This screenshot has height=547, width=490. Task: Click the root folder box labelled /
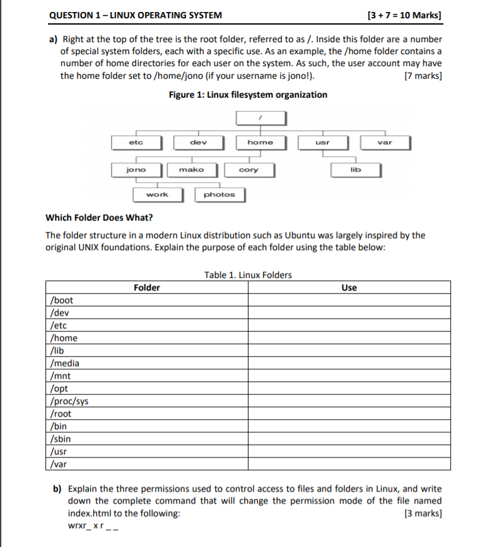[x=261, y=118]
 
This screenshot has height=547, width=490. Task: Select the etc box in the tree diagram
[x=136, y=142]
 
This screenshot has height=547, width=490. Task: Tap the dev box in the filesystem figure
[x=198, y=142]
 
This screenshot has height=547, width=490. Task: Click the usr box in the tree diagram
[x=322, y=142]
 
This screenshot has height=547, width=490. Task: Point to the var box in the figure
[x=385, y=142]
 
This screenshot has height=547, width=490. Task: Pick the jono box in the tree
[x=136, y=170]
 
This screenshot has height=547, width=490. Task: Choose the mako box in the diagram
[x=192, y=170]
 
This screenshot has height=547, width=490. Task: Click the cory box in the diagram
[x=248, y=170]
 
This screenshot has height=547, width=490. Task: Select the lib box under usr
[x=356, y=170]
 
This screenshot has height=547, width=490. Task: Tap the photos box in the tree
[x=219, y=195]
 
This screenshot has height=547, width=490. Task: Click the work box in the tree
[x=157, y=195]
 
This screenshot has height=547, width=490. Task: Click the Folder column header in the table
[x=147, y=288]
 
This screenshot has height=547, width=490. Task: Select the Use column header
[x=349, y=288]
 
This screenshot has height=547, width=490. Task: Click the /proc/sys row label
[x=69, y=401]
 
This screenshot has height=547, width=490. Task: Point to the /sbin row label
[x=61, y=439]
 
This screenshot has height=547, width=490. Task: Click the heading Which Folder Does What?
[x=99, y=218]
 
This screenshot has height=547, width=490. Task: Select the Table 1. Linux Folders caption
[x=248, y=275]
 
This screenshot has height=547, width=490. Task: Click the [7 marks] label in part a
[x=423, y=76]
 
